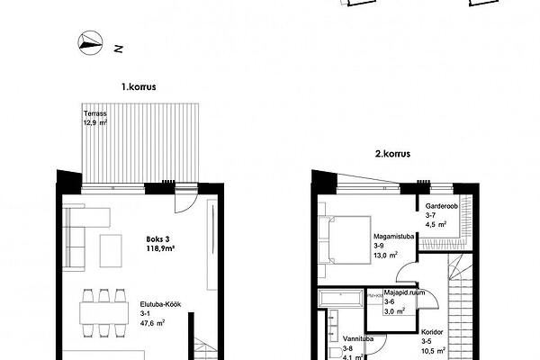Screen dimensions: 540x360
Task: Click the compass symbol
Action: tap(90, 42)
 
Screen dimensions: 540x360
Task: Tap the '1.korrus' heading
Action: tap(139, 86)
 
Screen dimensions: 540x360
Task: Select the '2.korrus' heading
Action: tap(392, 153)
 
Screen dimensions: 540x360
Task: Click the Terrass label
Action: tap(95, 113)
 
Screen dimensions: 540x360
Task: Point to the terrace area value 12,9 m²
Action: tap(95, 122)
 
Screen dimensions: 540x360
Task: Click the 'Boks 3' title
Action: tap(157, 239)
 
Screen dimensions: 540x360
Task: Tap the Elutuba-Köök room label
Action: tap(160, 304)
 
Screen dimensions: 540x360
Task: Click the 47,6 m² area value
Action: tap(152, 323)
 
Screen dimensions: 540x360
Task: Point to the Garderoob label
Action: tap(442, 206)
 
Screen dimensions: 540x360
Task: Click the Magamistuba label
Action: tap(393, 237)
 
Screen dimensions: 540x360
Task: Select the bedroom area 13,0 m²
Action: tap(386, 255)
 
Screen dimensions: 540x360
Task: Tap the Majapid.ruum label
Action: tap(404, 292)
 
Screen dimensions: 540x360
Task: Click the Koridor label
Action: tap(432, 332)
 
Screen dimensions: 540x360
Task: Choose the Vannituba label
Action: tap(358, 339)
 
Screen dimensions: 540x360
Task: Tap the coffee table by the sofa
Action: tap(111, 251)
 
